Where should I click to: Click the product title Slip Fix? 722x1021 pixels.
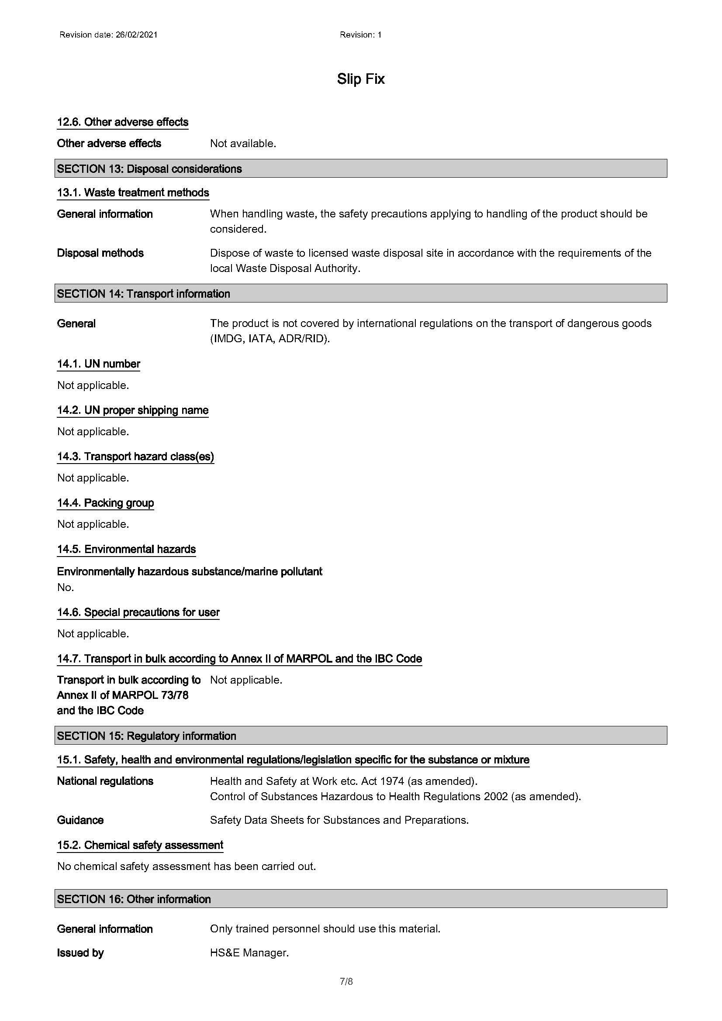360,79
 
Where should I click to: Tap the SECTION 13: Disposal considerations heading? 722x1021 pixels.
149,169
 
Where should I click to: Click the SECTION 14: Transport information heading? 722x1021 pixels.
143,293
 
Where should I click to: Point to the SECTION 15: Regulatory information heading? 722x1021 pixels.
146,736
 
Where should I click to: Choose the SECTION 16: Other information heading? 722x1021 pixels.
134,899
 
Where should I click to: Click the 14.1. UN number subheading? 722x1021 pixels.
98,364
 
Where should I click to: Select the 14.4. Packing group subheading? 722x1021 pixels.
105,503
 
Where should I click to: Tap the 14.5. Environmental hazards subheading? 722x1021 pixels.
126,549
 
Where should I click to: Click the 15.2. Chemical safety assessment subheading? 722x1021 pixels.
140,845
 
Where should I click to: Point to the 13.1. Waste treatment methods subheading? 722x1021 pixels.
133,193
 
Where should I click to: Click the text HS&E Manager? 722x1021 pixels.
249,952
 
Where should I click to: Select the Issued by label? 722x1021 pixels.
80,952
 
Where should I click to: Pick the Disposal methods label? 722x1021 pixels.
100,253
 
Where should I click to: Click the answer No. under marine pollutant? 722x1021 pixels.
66,588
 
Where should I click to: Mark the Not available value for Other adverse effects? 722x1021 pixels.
243,144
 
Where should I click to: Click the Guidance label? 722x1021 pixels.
80,820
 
